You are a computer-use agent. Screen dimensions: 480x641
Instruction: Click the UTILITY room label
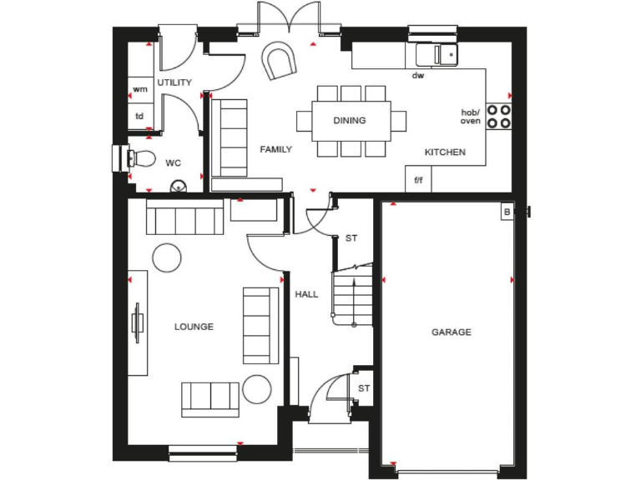pos(174,82)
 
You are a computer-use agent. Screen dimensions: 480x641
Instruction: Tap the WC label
pos(174,162)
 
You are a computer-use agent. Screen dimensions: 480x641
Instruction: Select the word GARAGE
pos(451,332)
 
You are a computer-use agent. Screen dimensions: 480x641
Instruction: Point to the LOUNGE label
pos(194,327)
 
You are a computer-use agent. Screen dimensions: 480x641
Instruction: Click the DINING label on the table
pos(350,121)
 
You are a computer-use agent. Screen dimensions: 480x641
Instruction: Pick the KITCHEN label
pos(445,152)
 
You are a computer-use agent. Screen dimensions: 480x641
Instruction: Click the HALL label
pos(306,294)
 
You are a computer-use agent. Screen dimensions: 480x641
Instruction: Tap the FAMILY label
pos(275,150)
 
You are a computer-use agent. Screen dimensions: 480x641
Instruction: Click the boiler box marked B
pos(506,212)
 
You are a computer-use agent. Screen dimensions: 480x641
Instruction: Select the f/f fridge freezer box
pos(418,180)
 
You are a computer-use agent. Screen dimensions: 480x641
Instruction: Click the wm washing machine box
pos(139,88)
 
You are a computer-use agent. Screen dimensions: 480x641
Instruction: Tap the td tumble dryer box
pos(139,117)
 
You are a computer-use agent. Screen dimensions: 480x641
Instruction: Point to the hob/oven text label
pos(471,117)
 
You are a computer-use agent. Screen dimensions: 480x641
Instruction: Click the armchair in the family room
pos(278,61)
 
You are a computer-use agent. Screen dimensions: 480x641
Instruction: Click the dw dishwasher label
pos(418,76)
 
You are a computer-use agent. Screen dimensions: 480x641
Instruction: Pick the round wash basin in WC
pos(177,187)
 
